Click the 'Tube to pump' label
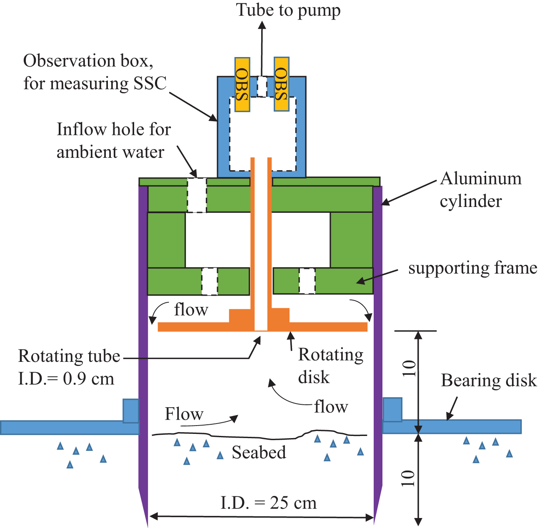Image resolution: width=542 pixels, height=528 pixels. click(288, 10)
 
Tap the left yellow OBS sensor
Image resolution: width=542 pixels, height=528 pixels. click(242, 85)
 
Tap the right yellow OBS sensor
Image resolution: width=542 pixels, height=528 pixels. click(282, 85)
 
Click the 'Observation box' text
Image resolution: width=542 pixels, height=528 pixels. click(88, 61)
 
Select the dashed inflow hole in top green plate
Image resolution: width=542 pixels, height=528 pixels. click(197, 195)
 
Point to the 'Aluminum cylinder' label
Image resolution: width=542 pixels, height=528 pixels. click(480, 189)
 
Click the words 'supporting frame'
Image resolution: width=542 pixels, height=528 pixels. click(472, 268)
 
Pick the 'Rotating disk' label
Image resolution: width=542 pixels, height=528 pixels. click(330, 366)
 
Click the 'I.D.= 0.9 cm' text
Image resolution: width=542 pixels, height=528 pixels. click(66, 379)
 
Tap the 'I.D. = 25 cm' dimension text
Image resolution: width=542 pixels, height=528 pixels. click(268, 503)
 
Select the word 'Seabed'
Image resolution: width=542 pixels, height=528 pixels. click(259, 452)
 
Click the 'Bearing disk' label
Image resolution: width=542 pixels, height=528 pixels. click(489, 380)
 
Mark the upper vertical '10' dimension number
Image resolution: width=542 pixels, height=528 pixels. click(410, 368)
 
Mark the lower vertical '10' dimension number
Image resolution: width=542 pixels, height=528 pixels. click(408, 478)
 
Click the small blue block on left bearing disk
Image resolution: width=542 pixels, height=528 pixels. click(130, 411)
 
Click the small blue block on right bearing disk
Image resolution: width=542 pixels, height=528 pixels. click(392, 409)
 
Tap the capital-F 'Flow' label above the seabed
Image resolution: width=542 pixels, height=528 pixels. click(184, 414)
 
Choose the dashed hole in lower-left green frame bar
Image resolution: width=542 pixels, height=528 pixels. click(210, 281)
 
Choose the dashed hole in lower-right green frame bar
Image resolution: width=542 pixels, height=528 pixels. click(307, 281)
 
